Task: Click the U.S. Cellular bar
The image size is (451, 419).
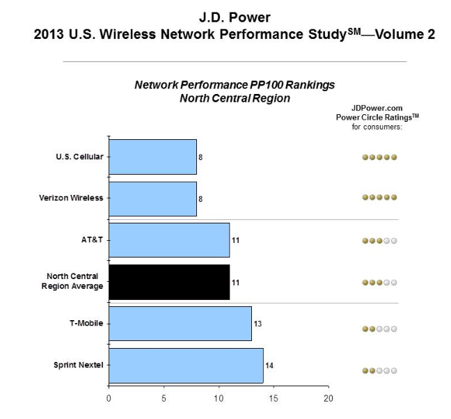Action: (x=152, y=157)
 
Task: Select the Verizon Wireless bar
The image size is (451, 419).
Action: (x=152, y=198)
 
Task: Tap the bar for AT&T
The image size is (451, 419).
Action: (x=169, y=240)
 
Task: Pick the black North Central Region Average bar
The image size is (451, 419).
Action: (x=169, y=282)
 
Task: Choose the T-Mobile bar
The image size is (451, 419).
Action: (x=180, y=324)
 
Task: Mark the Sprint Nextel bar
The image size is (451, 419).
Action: (x=186, y=365)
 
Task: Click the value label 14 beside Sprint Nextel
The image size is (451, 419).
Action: (x=268, y=365)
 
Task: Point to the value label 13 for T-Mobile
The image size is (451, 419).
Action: (x=258, y=324)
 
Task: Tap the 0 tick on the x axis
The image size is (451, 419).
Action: (x=109, y=399)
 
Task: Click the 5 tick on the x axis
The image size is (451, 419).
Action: (x=164, y=399)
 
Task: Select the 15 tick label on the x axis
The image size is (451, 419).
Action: (x=274, y=399)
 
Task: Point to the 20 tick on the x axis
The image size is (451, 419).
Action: (x=329, y=399)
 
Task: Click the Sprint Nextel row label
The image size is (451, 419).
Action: (x=79, y=365)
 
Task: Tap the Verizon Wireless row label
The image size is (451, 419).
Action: (x=70, y=198)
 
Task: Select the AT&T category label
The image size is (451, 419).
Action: (x=92, y=240)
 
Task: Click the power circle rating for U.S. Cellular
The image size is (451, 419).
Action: (x=379, y=157)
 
